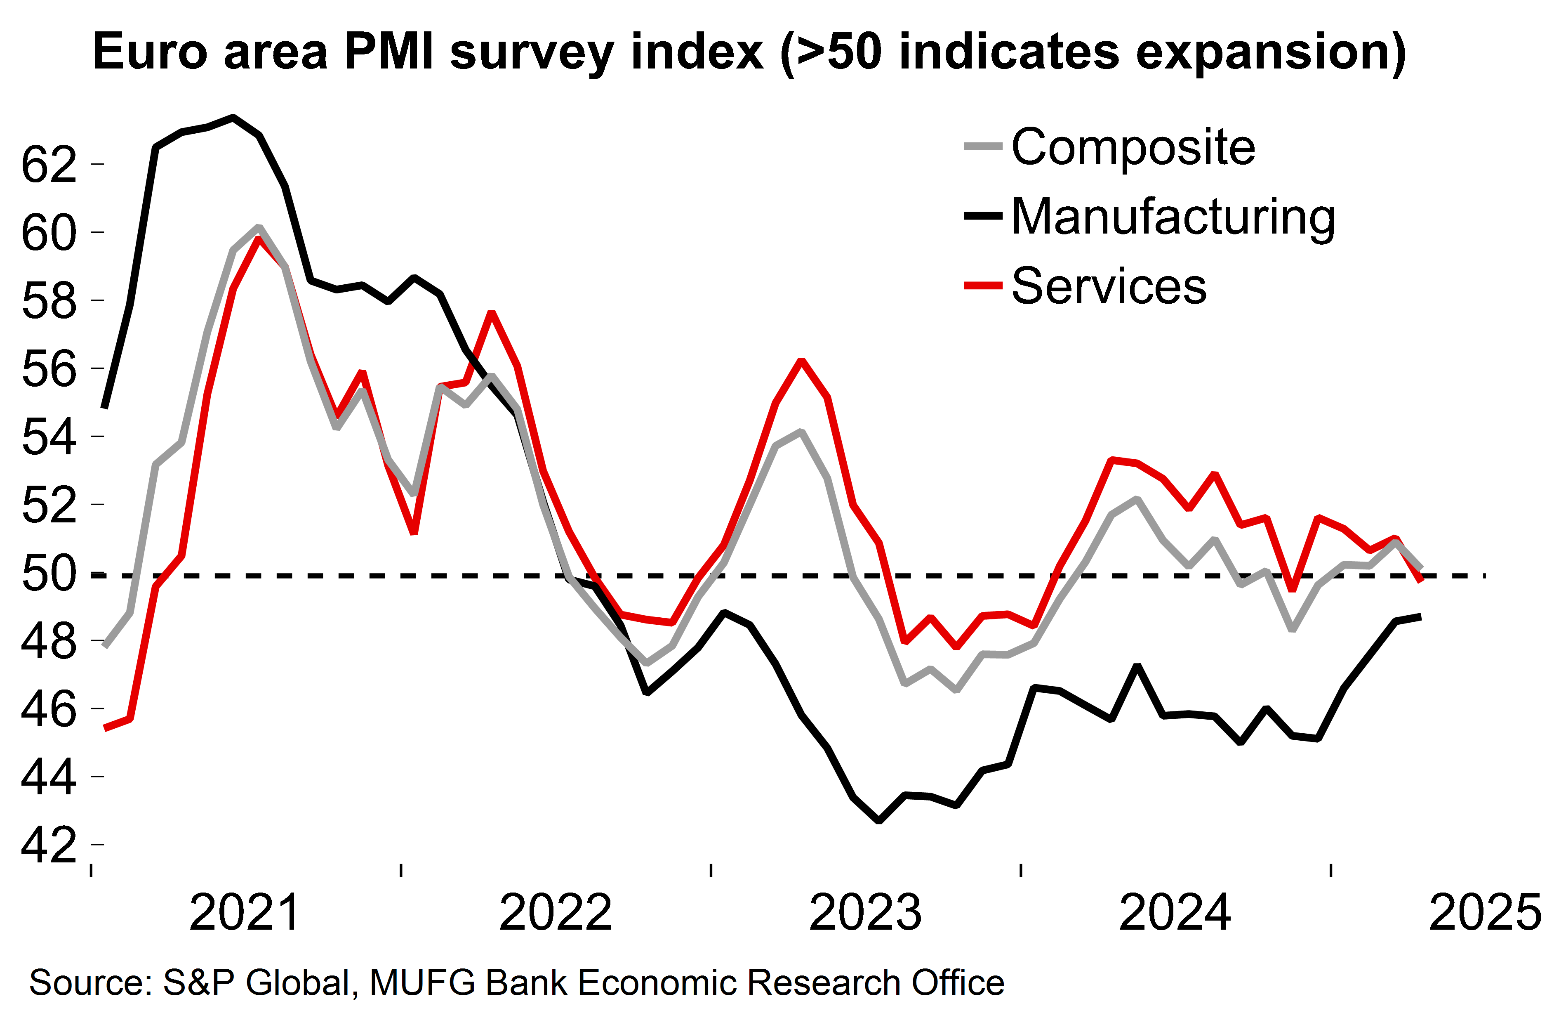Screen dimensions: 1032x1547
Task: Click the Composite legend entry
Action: point(1133,147)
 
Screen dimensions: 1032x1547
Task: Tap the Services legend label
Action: point(1109,286)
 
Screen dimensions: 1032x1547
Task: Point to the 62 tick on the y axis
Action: point(49,165)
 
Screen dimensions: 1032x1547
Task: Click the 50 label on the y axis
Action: point(49,574)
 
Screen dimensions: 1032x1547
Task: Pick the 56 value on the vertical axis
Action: point(49,370)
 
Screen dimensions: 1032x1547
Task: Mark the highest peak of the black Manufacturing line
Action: point(233,118)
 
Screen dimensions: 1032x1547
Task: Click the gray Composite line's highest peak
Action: point(259,228)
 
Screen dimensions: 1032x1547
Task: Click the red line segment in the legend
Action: point(983,286)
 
